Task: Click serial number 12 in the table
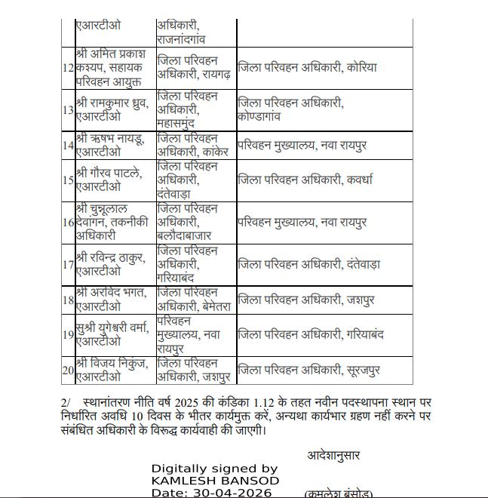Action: (68, 68)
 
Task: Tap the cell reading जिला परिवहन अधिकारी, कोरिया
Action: (307, 68)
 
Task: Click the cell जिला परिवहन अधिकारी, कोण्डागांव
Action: (291, 110)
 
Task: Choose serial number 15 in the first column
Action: (68, 180)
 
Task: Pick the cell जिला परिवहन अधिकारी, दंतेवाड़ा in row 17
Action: (309, 265)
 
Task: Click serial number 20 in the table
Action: (68, 370)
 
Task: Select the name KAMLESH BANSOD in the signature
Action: (215, 481)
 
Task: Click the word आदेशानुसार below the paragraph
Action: (333, 455)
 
